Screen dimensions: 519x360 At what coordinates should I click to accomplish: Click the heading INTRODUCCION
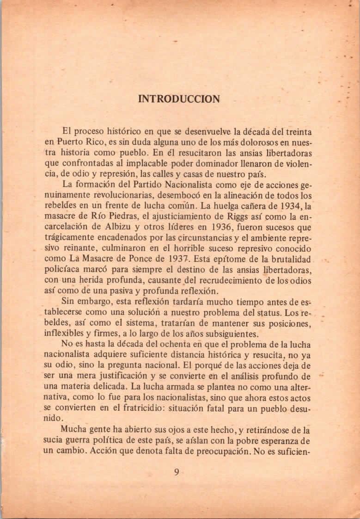point(179,99)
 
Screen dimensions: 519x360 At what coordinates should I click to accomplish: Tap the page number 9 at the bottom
point(177,472)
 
